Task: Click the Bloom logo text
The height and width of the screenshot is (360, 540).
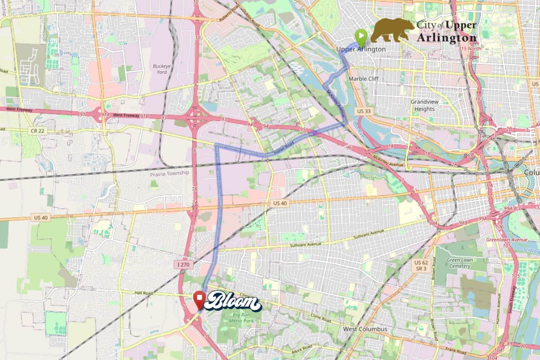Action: [233, 301]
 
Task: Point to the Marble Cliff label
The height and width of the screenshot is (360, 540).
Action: [364, 79]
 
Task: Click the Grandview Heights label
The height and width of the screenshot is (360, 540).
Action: [424, 105]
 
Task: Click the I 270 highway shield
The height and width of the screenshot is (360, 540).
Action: [183, 265]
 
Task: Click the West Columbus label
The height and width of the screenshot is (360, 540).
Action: [365, 329]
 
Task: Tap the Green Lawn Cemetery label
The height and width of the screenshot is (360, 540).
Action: [459, 263]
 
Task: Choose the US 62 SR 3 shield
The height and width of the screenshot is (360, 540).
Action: [421, 265]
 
